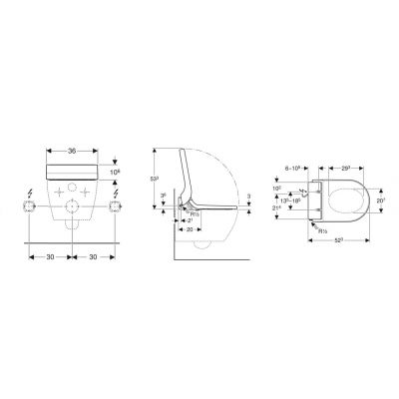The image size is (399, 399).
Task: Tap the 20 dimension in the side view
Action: (189, 228)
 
